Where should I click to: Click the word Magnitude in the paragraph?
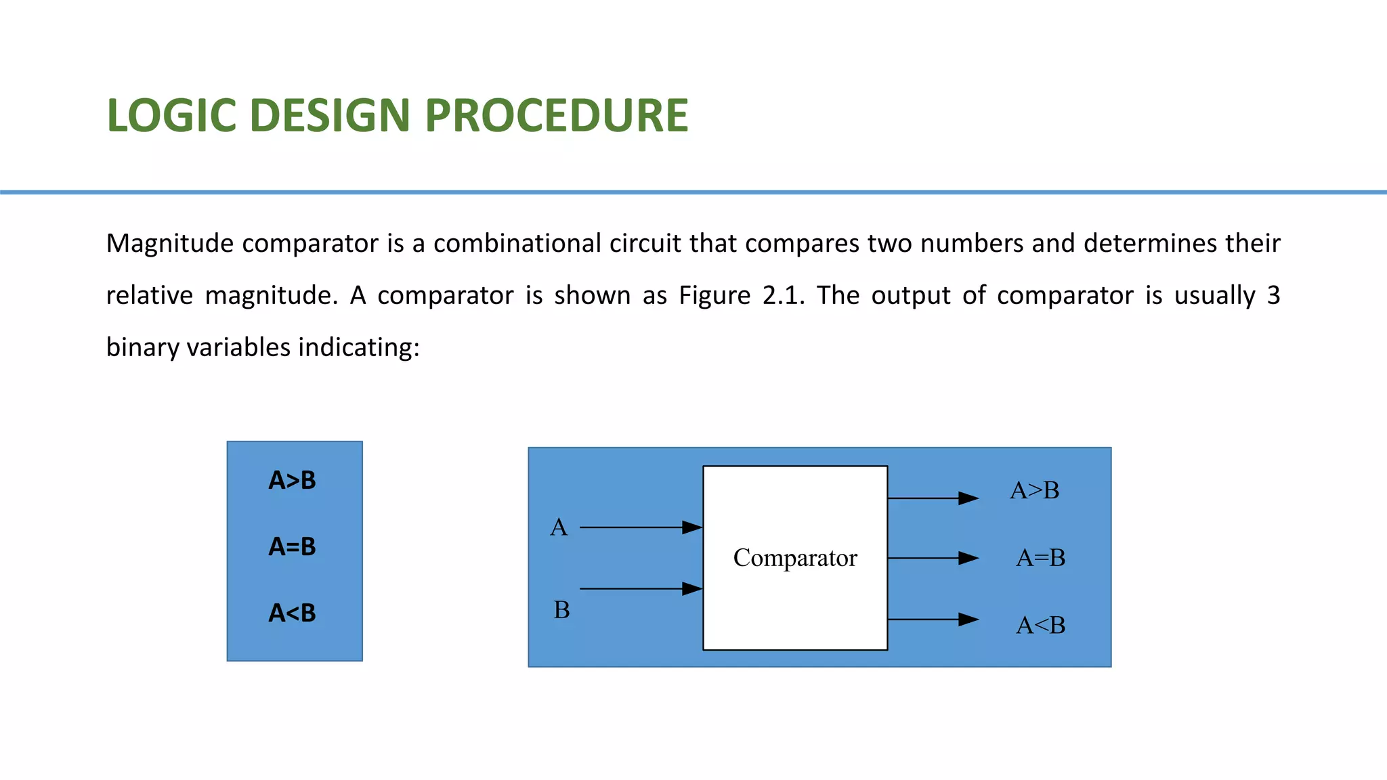point(170,244)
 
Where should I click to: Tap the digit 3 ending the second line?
point(1273,296)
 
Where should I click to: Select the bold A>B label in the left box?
point(292,481)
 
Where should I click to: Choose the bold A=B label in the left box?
point(292,546)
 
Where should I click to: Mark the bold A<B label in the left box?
point(292,613)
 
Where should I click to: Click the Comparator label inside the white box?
point(795,558)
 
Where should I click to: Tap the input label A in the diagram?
point(559,527)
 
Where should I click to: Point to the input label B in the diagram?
point(561,610)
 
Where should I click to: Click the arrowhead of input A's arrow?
point(692,527)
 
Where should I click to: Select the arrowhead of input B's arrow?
point(692,589)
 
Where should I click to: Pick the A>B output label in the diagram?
point(1034,490)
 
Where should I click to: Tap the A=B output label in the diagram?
point(1040,558)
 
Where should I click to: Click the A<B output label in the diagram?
point(1040,625)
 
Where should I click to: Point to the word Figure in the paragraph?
point(714,296)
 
